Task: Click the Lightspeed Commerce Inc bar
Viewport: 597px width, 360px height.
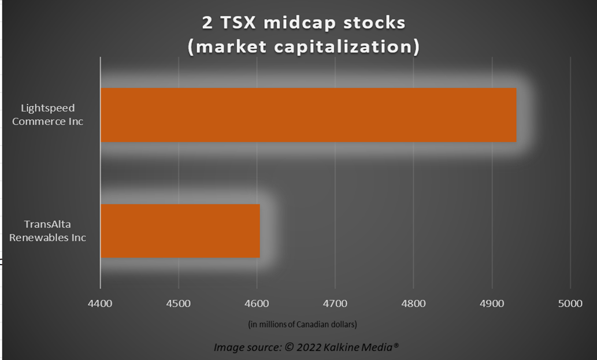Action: pos(309,115)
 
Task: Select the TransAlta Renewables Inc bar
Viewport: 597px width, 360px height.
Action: pos(180,231)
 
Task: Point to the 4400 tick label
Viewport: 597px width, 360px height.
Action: pos(100,304)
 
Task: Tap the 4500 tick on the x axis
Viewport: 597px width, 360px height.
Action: pos(179,304)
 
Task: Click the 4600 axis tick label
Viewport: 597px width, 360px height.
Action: pos(257,304)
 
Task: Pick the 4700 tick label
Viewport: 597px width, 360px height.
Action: pos(335,304)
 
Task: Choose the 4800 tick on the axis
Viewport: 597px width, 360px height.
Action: pos(413,304)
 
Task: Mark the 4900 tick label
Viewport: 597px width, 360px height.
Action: pos(492,304)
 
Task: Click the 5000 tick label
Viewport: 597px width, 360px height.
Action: pos(570,304)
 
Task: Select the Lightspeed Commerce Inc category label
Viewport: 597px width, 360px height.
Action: pos(47,114)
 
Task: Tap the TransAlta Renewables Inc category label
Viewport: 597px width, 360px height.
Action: pos(47,231)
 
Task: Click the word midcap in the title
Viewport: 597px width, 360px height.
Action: pos(299,23)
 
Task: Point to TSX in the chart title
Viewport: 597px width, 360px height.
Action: pos(238,23)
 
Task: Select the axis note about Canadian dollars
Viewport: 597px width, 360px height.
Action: pos(303,324)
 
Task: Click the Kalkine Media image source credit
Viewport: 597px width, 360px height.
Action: pos(306,347)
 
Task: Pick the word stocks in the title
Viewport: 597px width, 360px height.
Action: pos(374,23)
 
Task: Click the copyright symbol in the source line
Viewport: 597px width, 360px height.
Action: pos(290,347)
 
